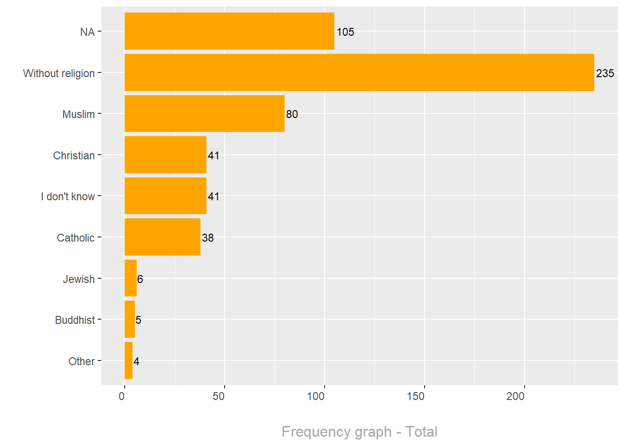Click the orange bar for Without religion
[359, 72]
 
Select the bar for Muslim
[204, 114]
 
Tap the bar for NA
[229, 31]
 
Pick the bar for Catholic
[162, 237]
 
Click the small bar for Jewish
[131, 278]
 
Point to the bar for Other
[128, 361]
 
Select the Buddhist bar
[130, 320]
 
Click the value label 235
[605, 73]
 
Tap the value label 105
[345, 32]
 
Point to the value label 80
[292, 114]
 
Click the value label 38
[208, 238]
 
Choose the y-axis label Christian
[74, 156]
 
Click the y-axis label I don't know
[68, 197]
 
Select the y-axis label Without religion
[59, 73]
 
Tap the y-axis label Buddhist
[75, 320]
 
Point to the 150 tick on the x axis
[416, 396]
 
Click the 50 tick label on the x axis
[219, 396]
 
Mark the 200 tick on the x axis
[515, 396]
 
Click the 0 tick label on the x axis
[122, 396]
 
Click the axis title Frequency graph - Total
[359, 432]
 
